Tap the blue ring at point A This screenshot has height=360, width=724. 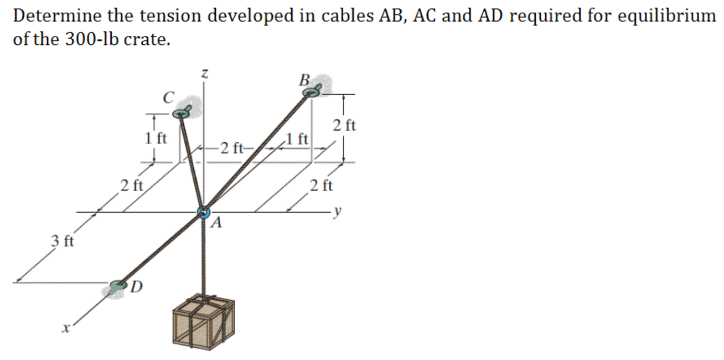203,212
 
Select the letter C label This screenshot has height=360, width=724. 168,97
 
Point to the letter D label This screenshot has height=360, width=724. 136,287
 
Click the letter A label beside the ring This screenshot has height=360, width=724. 218,224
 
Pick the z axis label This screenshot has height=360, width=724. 204,74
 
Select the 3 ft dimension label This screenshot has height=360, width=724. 63,241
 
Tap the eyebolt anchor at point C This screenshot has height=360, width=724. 182,114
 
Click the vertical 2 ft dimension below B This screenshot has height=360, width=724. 344,126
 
